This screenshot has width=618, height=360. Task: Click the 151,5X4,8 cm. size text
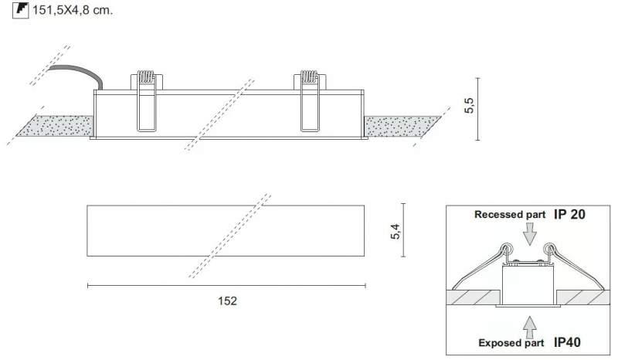73,10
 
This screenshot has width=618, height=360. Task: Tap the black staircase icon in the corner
21,10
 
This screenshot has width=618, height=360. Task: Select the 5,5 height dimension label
470,106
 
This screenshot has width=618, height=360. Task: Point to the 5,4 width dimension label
395,232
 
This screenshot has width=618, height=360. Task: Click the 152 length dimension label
227,301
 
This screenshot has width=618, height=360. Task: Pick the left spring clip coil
145,76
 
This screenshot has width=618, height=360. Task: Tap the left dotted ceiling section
55,126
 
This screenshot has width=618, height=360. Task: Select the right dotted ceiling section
401,126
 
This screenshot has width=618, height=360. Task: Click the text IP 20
569,215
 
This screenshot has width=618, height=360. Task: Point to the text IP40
567,342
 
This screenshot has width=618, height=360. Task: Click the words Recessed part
510,215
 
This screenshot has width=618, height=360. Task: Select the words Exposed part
511,343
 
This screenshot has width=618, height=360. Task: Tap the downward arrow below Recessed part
530,234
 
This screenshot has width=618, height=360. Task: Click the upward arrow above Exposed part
530,327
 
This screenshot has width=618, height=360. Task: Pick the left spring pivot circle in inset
507,249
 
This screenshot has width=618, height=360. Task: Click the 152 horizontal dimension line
226,286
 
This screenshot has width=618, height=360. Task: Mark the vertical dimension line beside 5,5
477,109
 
